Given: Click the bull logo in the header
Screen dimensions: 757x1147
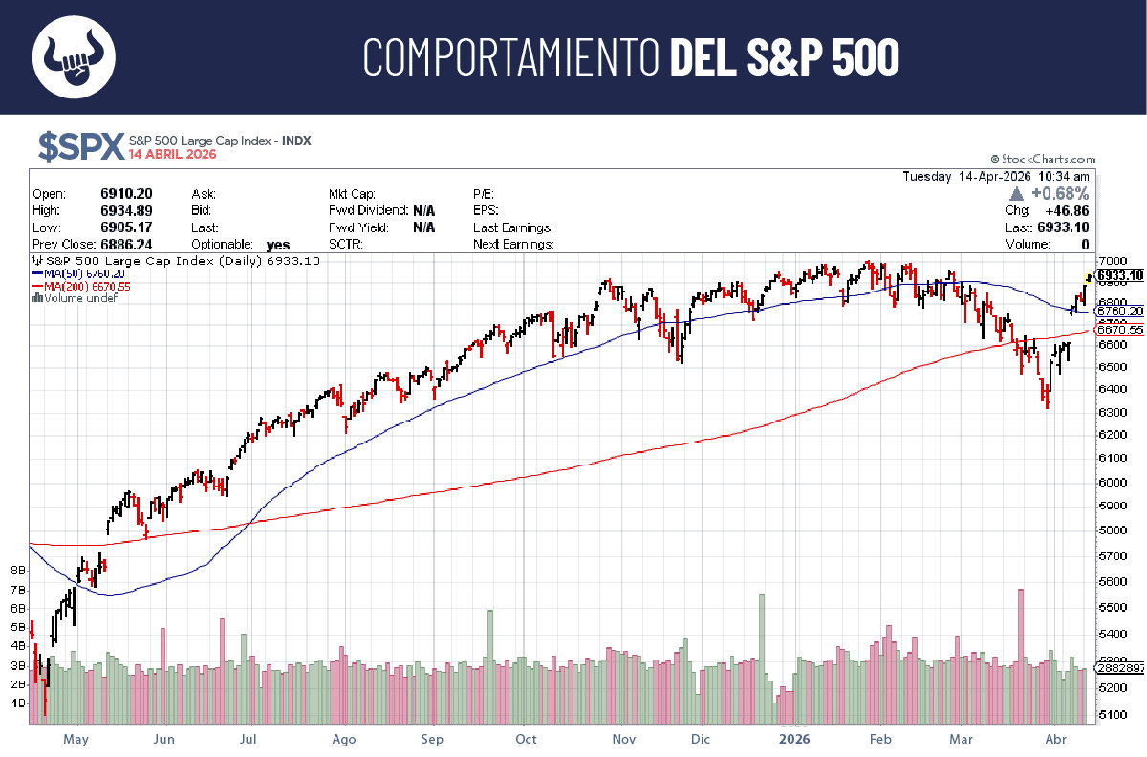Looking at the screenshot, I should coord(74,57).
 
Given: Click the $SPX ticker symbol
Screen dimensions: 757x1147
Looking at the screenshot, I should coord(80,146).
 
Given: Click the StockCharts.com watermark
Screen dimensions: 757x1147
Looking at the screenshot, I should coord(1043,160).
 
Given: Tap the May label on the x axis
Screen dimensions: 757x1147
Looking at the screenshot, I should coord(76,739).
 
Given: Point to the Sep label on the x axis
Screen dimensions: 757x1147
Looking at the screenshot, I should coord(433,739).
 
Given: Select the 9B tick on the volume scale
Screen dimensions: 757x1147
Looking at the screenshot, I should coord(17,571).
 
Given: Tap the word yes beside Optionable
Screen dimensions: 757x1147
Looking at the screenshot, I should coord(277,245).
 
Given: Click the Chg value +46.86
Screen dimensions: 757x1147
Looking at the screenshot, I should coord(1067,210).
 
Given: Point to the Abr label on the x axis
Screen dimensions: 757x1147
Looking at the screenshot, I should coord(1055,739).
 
